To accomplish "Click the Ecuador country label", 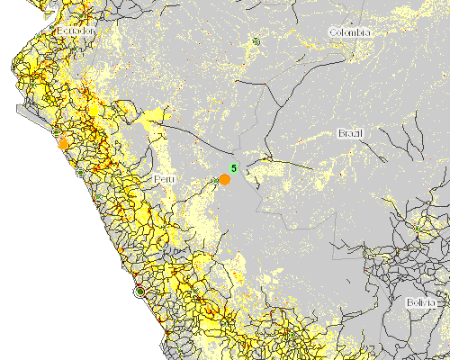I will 76,31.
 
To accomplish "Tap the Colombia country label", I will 349,32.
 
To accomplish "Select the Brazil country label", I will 350,133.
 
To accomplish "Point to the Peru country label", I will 164,180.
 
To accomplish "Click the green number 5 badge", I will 233,168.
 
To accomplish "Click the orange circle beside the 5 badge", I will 225,179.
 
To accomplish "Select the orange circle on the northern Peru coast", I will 63,143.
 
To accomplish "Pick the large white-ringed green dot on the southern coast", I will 139,291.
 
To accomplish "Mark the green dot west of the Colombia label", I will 256,40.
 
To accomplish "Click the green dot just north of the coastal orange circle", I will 57,132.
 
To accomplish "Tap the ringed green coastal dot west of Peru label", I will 82,171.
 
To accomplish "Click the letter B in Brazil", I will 340,133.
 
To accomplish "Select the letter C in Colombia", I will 332,32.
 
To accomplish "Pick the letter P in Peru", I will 157,180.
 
